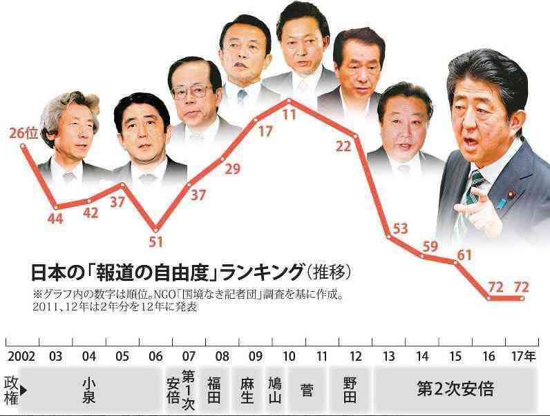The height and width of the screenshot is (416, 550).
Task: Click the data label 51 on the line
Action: pyautogui.click(x=156, y=242)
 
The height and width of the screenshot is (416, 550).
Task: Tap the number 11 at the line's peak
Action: pyautogui.click(x=289, y=115)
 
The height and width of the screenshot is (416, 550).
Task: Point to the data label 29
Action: pyautogui.click(x=232, y=168)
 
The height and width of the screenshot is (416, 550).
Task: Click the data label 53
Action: pyautogui.click(x=399, y=229)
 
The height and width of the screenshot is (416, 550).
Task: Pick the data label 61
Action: pyautogui.click(x=464, y=255)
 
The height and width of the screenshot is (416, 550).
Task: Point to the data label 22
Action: pyautogui.click(x=343, y=146)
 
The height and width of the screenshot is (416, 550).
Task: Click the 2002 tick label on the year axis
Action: pyautogui.click(x=19, y=357)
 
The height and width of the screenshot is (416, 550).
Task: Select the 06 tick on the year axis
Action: pyautogui.click(x=155, y=357)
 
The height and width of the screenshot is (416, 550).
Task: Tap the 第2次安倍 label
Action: pyautogui.click(x=455, y=390)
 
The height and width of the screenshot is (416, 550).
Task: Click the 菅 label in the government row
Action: pyautogui.click(x=307, y=390)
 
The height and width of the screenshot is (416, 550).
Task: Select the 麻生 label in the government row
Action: pyautogui.click(x=247, y=390)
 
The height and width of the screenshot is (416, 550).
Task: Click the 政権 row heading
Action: pyautogui.click(x=10, y=390)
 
